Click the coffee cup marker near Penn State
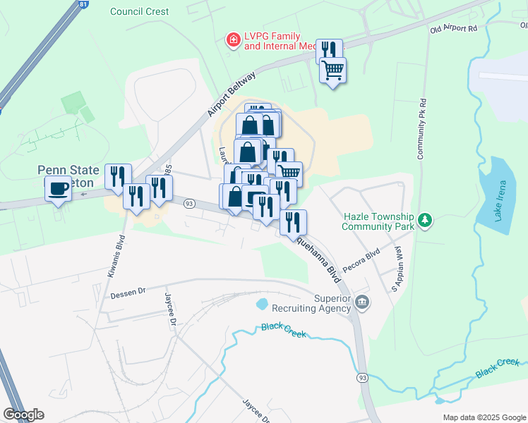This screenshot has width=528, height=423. point(58,188)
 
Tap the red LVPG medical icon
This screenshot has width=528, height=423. point(232,40)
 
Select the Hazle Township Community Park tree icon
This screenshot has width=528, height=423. point(424,221)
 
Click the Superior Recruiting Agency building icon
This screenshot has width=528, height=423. point(362,303)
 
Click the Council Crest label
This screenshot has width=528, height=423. point(140,11)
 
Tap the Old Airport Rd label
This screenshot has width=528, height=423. point(454,29)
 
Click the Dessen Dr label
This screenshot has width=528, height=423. point(127,290)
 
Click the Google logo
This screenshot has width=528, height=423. point(23,415)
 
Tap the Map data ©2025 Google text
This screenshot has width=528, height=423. point(484,417)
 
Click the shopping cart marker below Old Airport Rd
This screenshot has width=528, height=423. point(332,70)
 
